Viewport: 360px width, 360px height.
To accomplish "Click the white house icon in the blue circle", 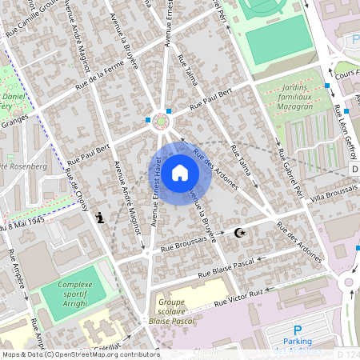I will (x=180, y=173).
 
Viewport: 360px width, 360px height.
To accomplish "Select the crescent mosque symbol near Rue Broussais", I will (x=238, y=233).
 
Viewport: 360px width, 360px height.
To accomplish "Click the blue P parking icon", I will (x=298, y=330).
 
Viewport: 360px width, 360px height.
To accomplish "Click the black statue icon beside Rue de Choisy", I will (x=100, y=218).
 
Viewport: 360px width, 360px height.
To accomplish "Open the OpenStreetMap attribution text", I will (x=80, y=354).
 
